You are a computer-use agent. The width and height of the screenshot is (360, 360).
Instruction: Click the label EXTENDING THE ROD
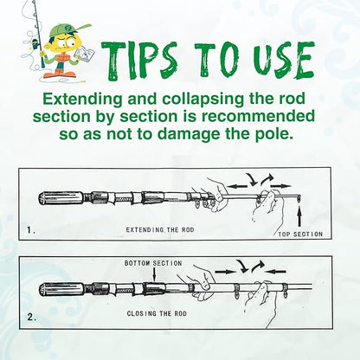coord(160,231)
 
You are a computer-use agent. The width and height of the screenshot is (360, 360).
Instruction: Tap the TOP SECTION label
coord(300,234)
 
